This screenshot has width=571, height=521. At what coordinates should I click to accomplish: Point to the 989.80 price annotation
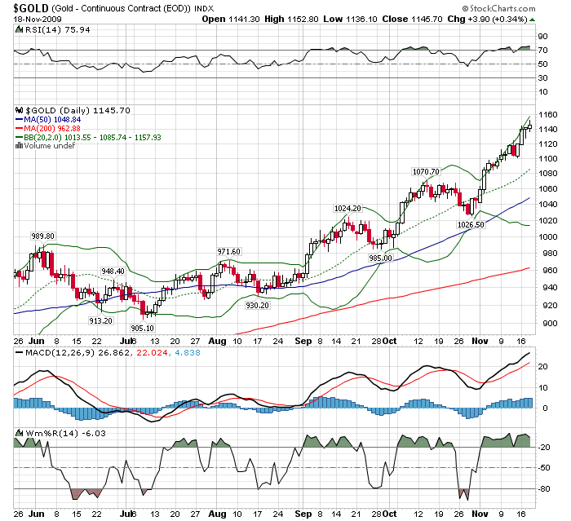(x=42, y=236)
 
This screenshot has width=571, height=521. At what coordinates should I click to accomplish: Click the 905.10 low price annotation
(x=143, y=328)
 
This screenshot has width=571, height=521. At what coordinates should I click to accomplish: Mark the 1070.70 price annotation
(x=425, y=171)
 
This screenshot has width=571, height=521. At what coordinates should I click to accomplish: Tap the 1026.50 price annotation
(x=471, y=224)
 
